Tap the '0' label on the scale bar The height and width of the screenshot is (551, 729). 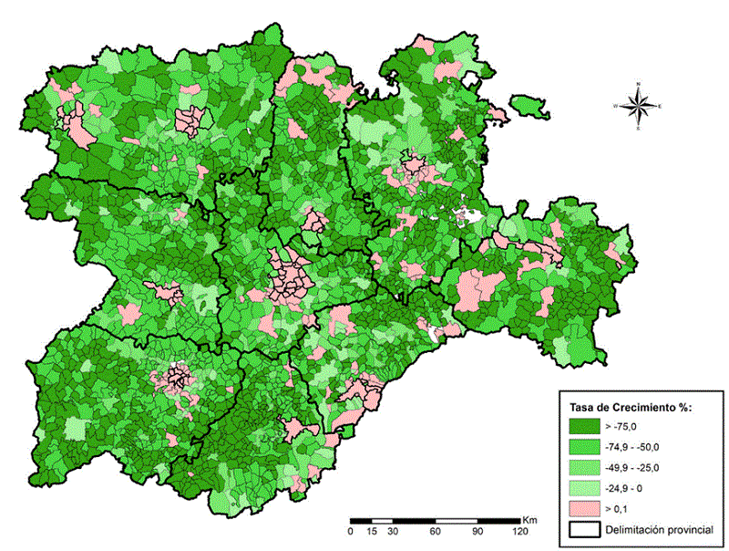(x=351, y=531)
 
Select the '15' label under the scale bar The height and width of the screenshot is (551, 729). (x=372, y=531)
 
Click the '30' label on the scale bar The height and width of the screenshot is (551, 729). (x=393, y=531)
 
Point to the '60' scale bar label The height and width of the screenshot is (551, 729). (x=436, y=531)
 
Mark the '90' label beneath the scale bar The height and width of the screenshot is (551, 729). (x=477, y=531)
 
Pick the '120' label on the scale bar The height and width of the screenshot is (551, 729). (x=519, y=531)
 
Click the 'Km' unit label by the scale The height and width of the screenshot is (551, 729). (x=529, y=519)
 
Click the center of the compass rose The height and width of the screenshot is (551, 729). (x=639, y=106)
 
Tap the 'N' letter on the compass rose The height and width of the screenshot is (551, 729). (x=639, y=84)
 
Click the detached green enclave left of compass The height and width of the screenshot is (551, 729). (x=529, y=107)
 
